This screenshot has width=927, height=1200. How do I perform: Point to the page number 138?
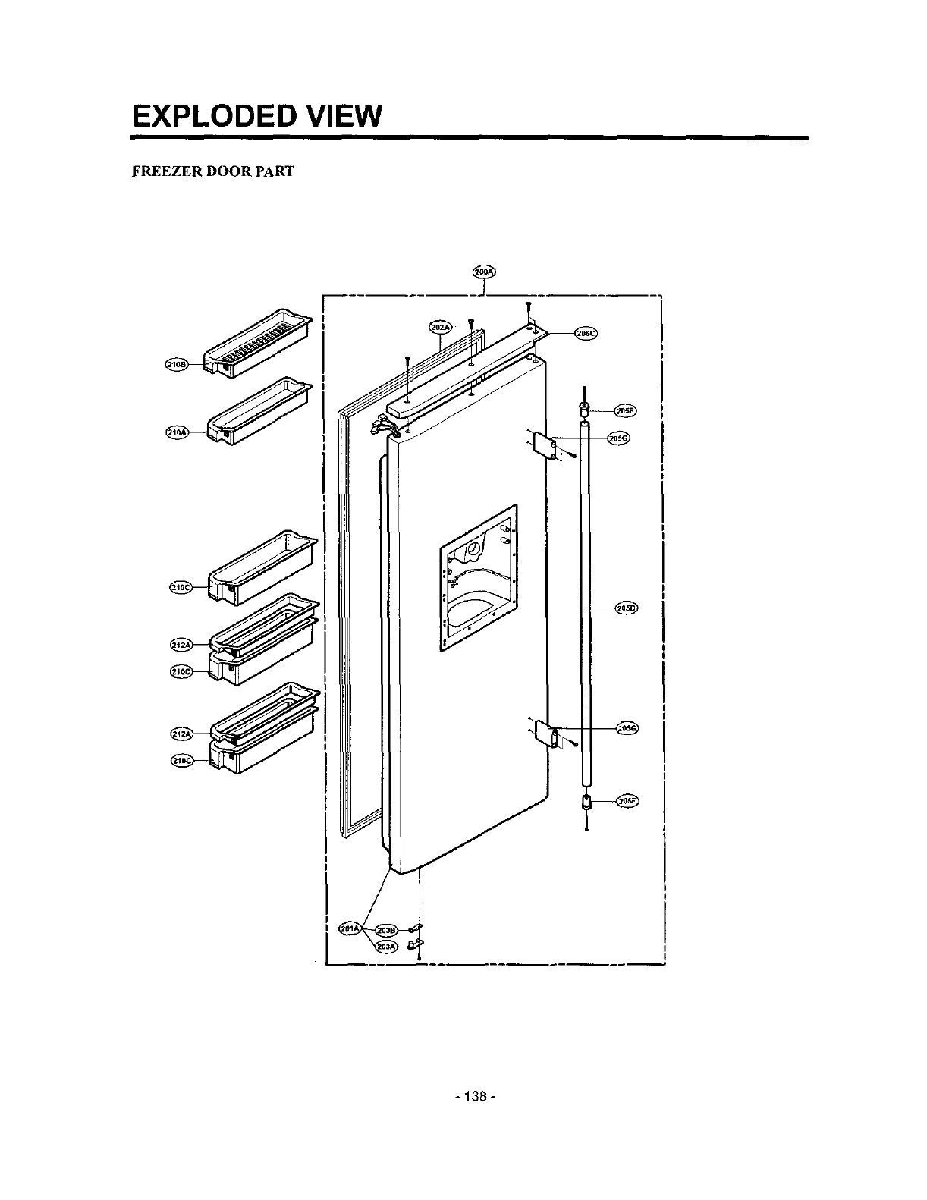tap(476, 1097)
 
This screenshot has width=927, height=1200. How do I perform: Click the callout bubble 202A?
tap(440, 327)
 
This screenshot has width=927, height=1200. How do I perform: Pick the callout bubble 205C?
tap(586, 333)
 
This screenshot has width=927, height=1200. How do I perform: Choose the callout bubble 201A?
tap(350, 929)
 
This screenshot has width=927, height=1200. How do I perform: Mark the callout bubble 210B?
tap(177, 365)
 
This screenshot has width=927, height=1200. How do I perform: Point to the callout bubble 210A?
tap(176, 432)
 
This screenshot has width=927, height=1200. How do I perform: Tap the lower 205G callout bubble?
tap(627, 728)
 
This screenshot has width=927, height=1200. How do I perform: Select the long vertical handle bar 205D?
tap(585, 607)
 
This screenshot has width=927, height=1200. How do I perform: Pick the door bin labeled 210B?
tap(258, 343)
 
